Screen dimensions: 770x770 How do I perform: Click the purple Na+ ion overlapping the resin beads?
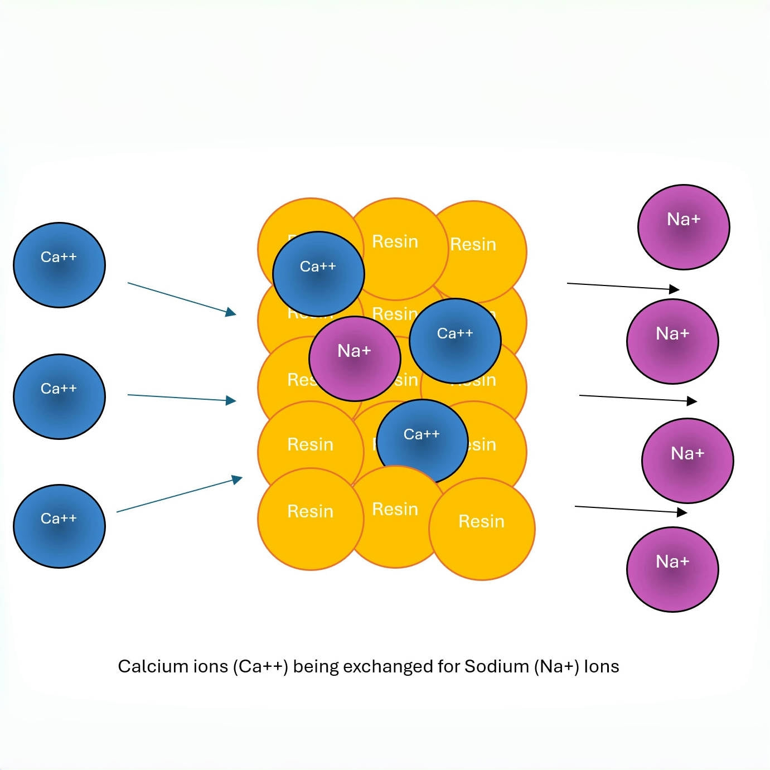(355, 359)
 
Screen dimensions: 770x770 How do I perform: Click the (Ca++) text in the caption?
(260, 666)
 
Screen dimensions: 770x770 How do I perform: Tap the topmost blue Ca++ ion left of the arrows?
(59, 265)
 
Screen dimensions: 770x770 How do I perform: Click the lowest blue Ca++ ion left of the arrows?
(59, 526)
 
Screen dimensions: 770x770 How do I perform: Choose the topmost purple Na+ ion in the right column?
(684, 227)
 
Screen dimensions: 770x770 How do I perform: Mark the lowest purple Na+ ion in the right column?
(672, 569)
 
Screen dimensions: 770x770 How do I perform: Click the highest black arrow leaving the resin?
(623, 287)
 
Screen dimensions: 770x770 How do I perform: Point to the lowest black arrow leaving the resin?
(631, 510)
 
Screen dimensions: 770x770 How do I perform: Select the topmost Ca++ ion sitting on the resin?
(318, 274)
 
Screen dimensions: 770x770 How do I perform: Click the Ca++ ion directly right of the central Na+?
(455, 341)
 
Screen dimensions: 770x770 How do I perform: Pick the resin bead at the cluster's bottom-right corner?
(482, 529)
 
